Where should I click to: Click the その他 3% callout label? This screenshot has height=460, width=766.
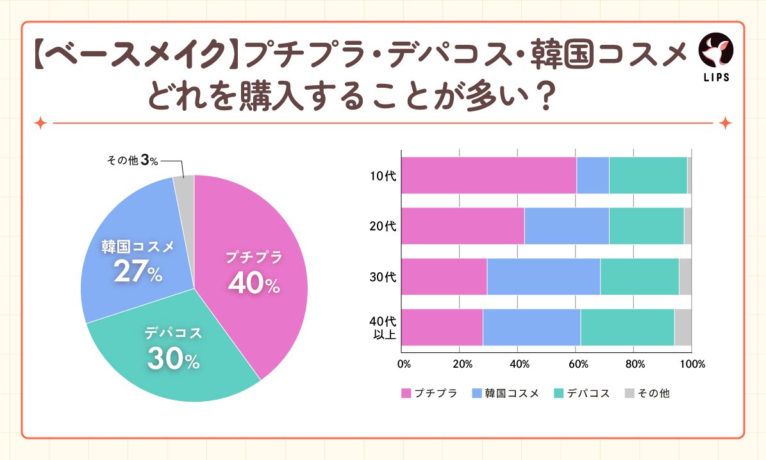pyautogui.click(x=132, y=161)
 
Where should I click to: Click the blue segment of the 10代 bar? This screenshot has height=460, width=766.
pyautogui.click(x=592, y=175)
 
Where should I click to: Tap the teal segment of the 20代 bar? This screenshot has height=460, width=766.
pyautogui.click(x=646, y=226)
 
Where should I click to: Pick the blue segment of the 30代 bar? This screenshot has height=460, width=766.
pyautogui.click(x=544, y=277)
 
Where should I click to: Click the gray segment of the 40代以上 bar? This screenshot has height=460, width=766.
pyautogui.click(x=683, y=327)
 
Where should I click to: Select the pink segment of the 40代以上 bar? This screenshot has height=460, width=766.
pyautogui.click(x=442, y=327)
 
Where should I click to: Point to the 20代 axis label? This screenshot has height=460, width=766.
pyautogui.click(x=383, y=226)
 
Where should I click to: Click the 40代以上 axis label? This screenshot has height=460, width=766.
pyautogui.click(x=383, y=327)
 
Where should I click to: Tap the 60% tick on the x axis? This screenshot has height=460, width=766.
pyautogui.click(x=576, y=364)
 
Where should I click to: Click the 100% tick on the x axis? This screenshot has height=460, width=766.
pyautogui.click(x=692, y=364)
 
